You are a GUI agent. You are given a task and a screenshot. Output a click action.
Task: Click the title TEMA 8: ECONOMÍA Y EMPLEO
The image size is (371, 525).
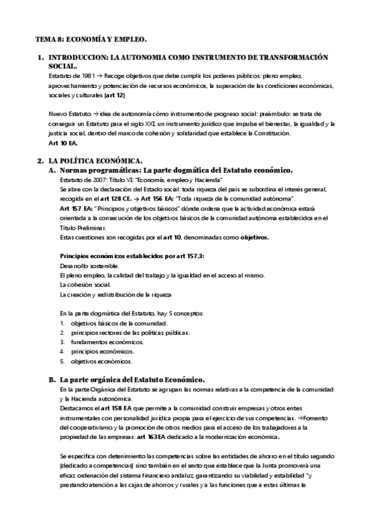pos(91,39)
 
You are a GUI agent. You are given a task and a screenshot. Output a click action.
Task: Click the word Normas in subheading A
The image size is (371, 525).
pos(75,170)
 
